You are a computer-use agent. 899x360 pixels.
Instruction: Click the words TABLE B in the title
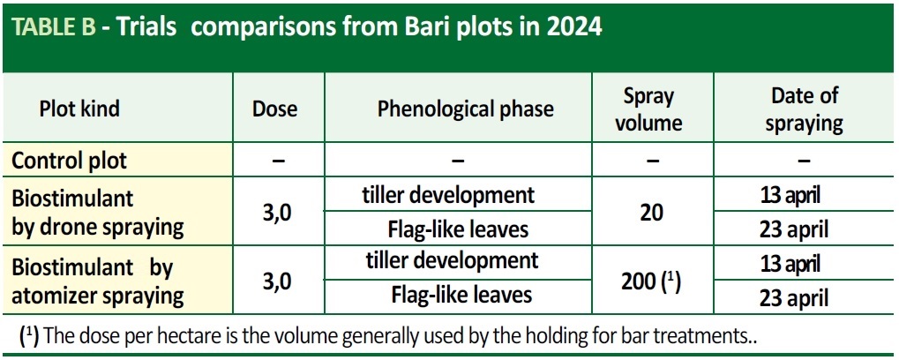click(55, 26)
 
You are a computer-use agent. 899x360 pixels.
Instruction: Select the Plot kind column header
click(79, 109)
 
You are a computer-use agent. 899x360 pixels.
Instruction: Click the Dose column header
click(275, 109)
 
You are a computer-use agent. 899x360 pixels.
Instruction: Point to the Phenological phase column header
click(466, 109)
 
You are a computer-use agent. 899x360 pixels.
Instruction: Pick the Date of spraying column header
click(805, 109)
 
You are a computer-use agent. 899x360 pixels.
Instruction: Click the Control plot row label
click(70, 161)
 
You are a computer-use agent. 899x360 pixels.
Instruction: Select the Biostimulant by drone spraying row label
click(97, 213)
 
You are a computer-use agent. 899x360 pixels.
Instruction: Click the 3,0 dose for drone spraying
click(276, 214)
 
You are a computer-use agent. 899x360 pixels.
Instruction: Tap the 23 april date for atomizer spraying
click(793, 299)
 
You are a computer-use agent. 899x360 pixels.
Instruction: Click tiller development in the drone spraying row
click(448, 195)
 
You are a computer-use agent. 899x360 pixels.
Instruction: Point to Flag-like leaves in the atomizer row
click(462, 295)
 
